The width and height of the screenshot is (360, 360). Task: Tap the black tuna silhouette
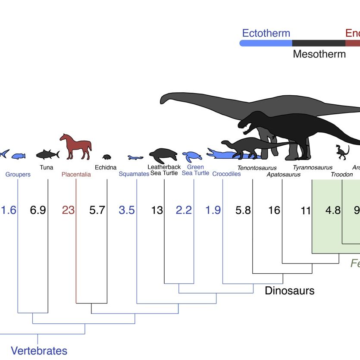click(47, 153)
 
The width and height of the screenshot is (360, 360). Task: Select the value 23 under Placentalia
click(68, 210)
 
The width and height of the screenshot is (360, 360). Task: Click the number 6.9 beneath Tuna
click(38, 210)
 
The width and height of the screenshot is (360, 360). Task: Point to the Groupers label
click(18, 175)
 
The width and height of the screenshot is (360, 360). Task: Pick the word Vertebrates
click(39, 351)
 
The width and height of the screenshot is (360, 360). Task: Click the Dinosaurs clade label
click(289, 291)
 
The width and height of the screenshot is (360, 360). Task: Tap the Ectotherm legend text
click(266, 33)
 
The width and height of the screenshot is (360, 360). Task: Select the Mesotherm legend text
click(319, 54)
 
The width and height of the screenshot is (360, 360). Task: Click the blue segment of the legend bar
click(266, 43)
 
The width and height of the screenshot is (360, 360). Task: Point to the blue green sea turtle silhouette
click(191, 157)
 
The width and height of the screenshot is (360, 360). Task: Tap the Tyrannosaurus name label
click(313, 167)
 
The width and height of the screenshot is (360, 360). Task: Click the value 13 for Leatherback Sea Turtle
click(157, 210)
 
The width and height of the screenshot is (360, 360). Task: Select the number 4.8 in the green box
click(332, 210)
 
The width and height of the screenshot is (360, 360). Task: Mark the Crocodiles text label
click(226, 174)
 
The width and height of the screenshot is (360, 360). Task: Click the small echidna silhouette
click(106, 157)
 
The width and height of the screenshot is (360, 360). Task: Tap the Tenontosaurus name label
click(257, 167)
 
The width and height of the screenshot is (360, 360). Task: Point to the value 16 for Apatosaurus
click(274, 210)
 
